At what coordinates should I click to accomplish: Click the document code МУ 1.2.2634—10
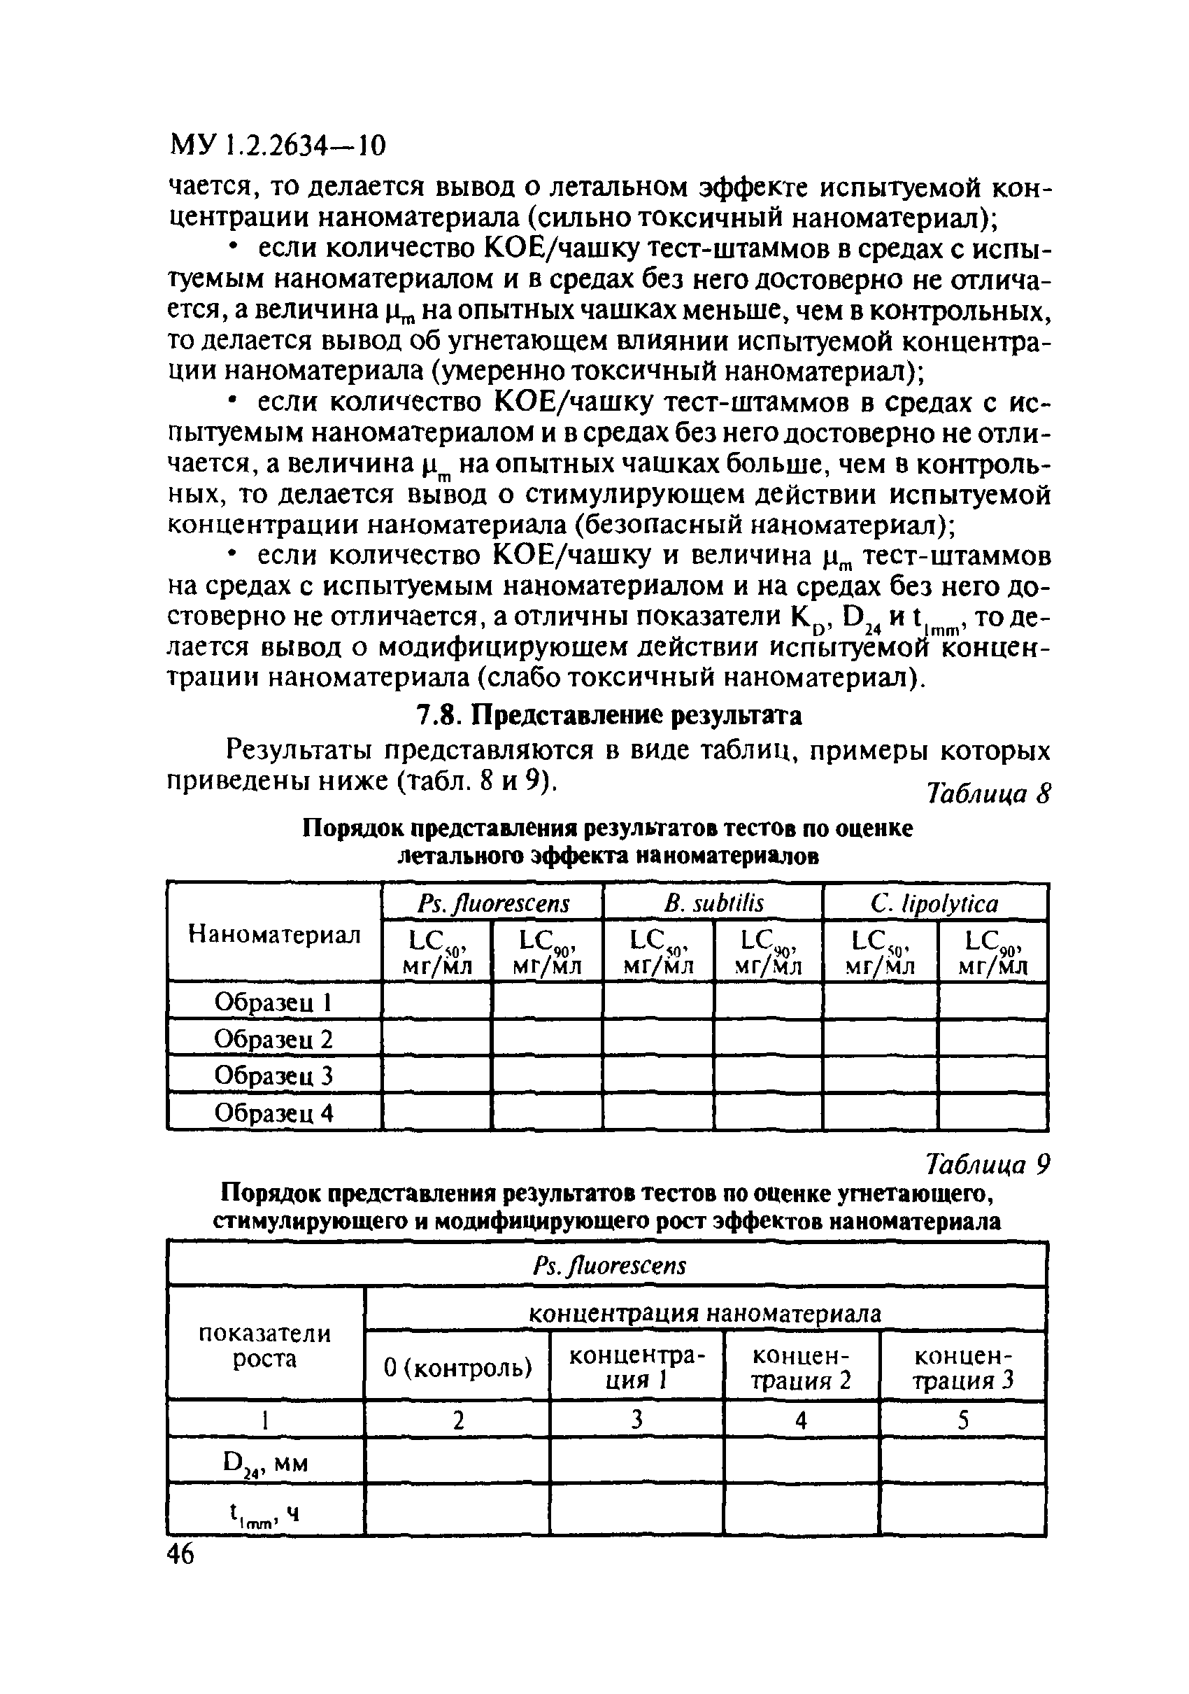point(278,146)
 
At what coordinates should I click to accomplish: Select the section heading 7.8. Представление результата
point(608,715)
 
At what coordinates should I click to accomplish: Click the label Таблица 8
point(988,795)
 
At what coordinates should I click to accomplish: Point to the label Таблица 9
point(988,1165)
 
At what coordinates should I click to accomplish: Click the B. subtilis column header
point(713,903)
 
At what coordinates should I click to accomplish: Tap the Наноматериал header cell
point(274,935)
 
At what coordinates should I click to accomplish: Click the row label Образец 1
point(273,1002)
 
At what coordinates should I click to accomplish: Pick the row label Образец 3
point(273,1075)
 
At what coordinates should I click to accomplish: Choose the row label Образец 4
point(273,1113)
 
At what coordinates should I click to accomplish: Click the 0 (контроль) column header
point(457,1367)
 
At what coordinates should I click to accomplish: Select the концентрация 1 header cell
point(636,1367)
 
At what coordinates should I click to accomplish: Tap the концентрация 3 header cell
point(962,1367)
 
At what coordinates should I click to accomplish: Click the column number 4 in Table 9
point(801,1420)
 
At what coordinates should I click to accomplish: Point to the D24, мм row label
point(265,1462)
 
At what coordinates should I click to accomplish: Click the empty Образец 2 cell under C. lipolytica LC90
point(992,1038)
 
